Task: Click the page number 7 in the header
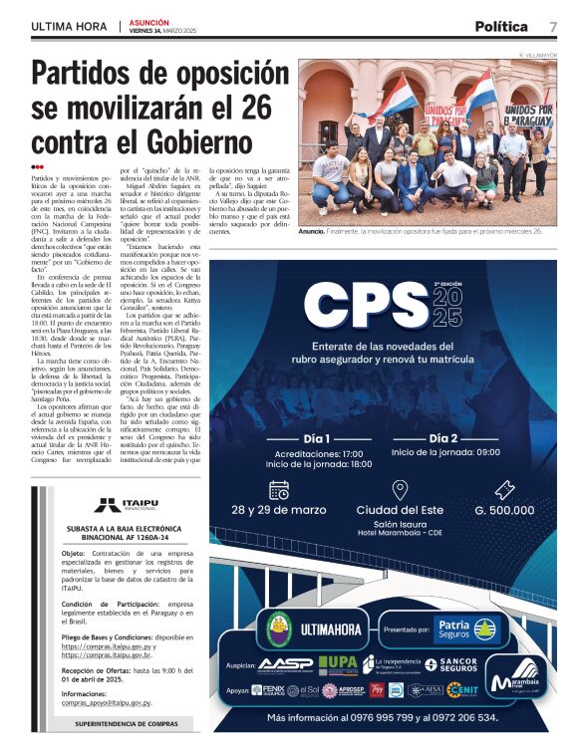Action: (552, 27)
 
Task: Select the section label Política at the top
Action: (501, 27)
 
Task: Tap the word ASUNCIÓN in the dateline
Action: (148, 21)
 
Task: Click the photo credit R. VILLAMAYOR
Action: (537, 54)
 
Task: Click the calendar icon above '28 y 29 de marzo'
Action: (279, 489)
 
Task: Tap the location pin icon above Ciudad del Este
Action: (399, 489)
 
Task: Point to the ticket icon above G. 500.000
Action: (505, 489)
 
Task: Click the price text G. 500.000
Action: (505, 510)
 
